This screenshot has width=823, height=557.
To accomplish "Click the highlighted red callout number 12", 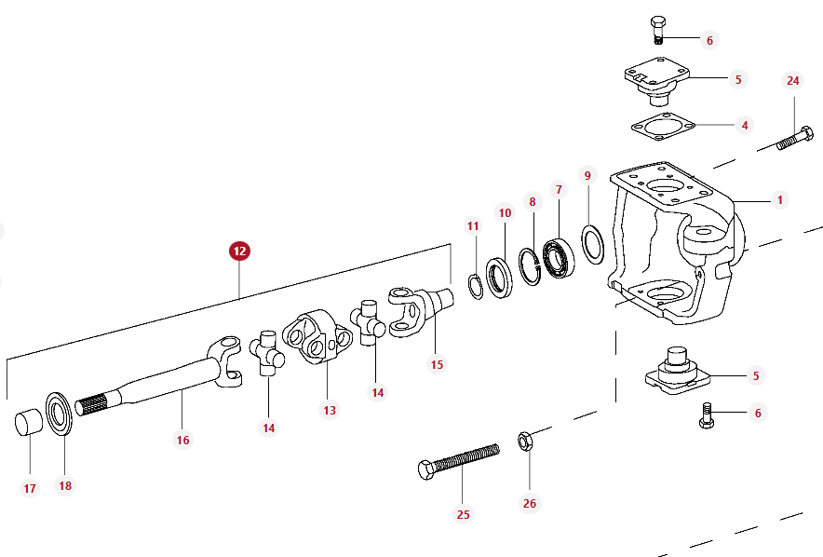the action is click(x=239, y=251).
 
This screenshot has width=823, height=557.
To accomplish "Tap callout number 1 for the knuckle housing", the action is click(x=780, y=200).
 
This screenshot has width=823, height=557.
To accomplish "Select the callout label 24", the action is click(x=793, y=81).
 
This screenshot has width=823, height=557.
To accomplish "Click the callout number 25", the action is click(x=463, y=514).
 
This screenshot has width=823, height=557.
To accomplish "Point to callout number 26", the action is click(x=530, y=504).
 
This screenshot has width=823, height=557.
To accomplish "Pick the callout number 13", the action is click(x=330, y=410).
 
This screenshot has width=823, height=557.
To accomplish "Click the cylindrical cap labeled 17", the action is click(x=28, y=423).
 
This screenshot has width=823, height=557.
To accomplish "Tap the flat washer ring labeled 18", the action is click(x=59, y=414).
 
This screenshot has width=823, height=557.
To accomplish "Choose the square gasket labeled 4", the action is click(x=663, y=126).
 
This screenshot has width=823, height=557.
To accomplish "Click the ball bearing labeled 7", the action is click(x=559, y=258).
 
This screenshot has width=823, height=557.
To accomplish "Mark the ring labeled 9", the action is click(x=593, y=244).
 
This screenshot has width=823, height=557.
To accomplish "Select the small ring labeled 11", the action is click(x=476, y=287).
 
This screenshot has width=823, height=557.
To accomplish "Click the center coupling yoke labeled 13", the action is click(x=317, y=336).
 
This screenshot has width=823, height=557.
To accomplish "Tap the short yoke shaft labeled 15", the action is click(x=421, y=312).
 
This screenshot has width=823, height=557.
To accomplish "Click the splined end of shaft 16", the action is click(x=92, y=405).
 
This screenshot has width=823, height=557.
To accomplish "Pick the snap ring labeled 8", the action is click(x=530, y=266).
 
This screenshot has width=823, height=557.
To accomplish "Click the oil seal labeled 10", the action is click(x=499, y=278).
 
